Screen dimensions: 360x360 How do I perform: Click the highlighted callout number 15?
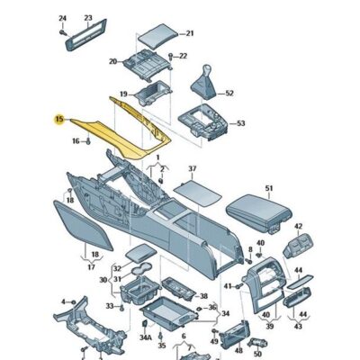tap(59, 118)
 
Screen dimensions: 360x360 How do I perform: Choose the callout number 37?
tap(191, 168)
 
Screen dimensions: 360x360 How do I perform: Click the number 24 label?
tap(62, 18)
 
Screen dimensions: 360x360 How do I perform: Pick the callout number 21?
tap(189, 34)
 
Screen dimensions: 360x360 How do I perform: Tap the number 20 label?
tap(113, 61)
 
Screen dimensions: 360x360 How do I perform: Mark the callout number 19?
tap(124, 93)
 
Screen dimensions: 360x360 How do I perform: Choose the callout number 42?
tap(298, 227)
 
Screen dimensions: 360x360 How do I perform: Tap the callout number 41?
tap(228, 286)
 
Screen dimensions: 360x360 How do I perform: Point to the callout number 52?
tap(229, 93)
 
